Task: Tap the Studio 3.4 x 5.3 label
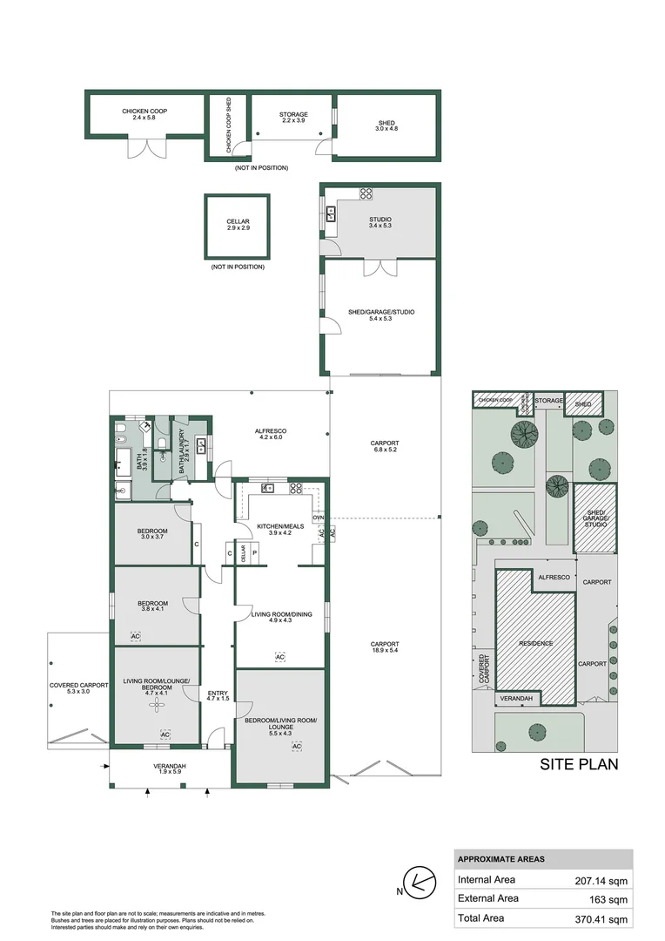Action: tap(380, 223)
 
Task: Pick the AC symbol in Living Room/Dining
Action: tap(279, 656)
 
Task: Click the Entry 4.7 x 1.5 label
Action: tap(218, 695)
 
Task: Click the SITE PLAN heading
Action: tap(579, 765)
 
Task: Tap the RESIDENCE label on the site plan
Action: tap(536, 643)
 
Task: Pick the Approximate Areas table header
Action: tap(501, 859)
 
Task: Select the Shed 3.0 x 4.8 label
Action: tap(386, 125)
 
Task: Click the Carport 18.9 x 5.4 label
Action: tap(384, 648)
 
